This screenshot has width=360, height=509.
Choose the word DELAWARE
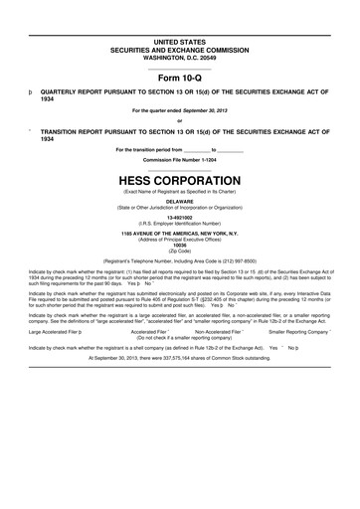pos(179,199)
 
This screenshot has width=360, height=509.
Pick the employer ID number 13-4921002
pos(179,216)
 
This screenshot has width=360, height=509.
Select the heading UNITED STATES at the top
pos(179,37)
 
